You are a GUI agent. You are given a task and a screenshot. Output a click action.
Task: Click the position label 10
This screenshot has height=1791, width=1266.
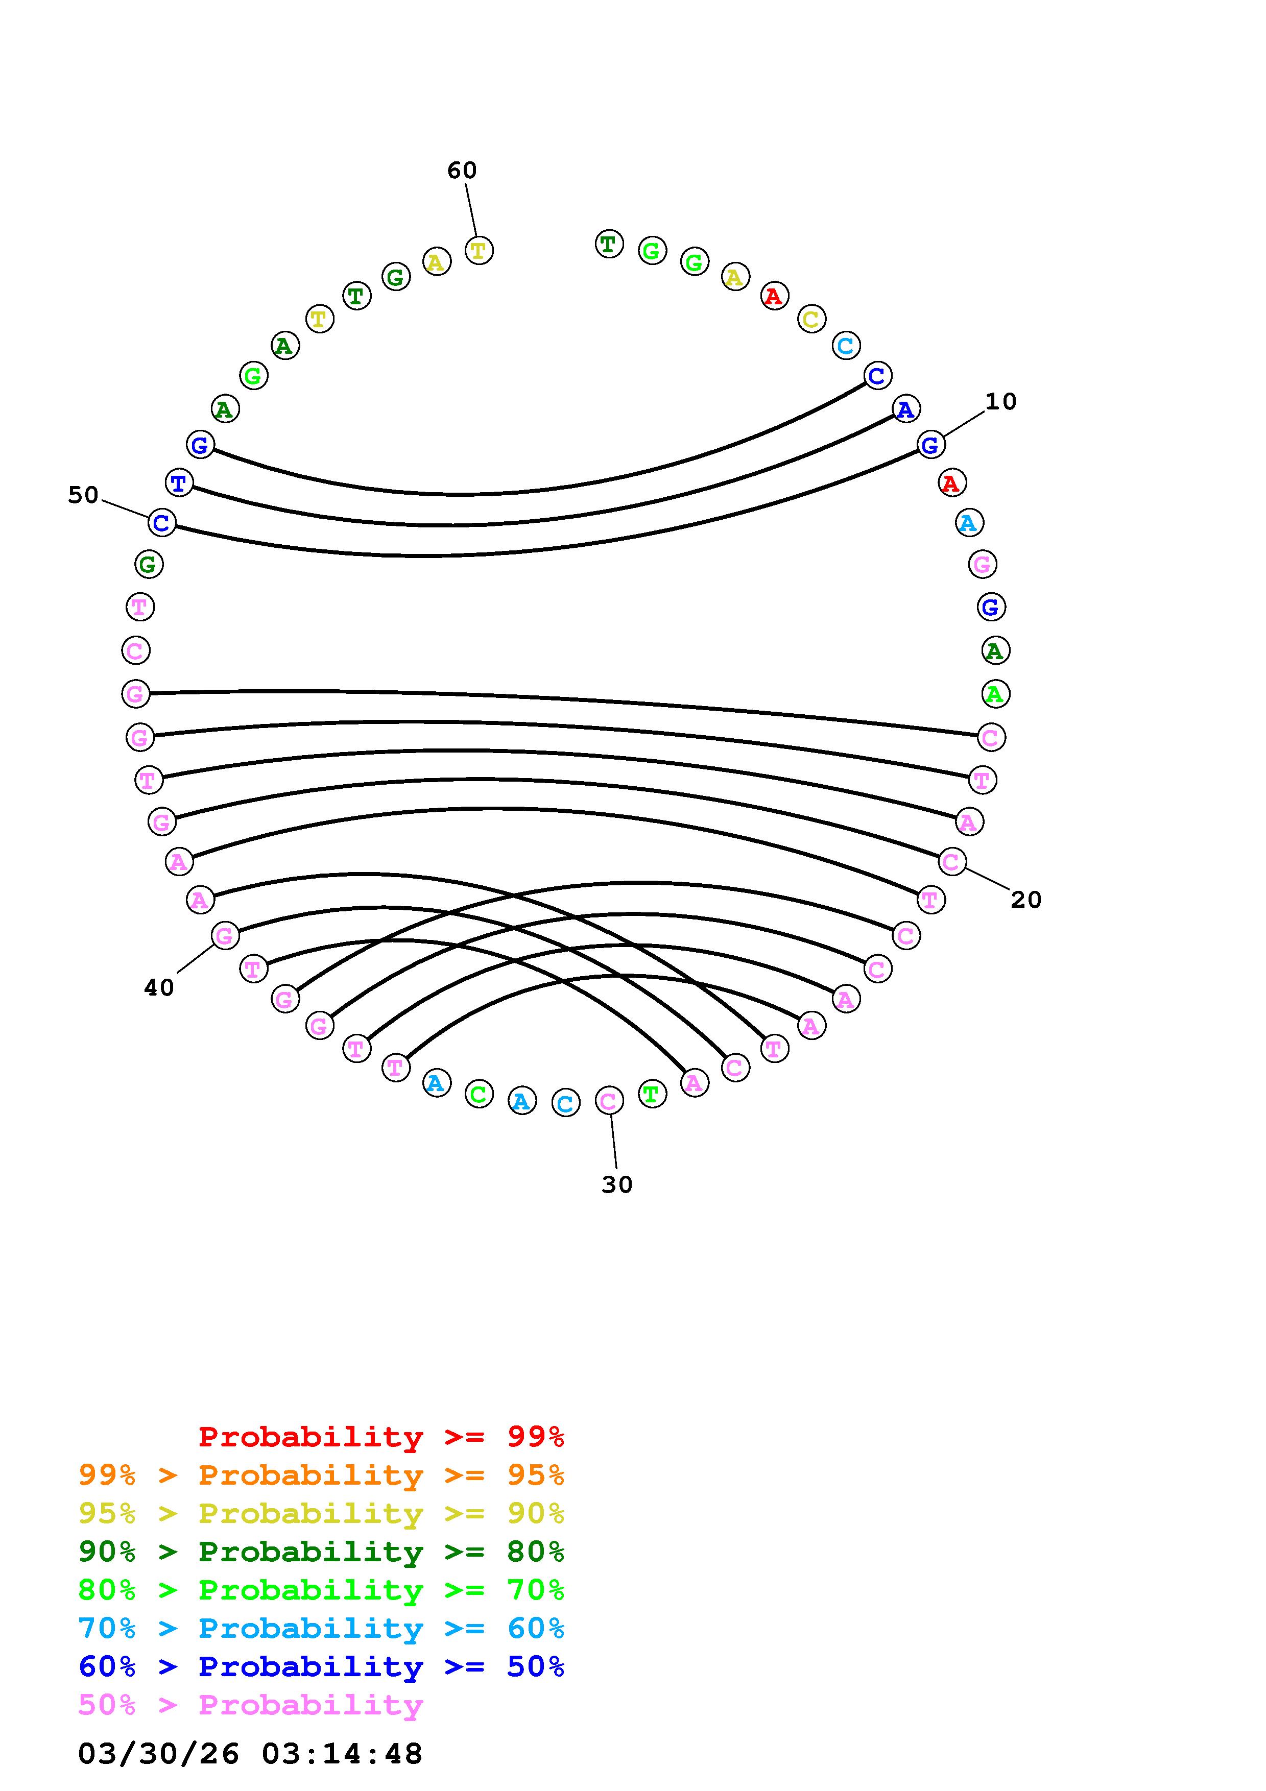[1001, 402]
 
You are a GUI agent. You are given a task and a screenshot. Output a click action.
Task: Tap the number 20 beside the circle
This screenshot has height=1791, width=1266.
[1026, 900]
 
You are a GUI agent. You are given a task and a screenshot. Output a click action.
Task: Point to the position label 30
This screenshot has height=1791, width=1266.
[617, 1185]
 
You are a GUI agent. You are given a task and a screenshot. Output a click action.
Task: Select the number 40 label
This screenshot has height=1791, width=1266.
[159, 988]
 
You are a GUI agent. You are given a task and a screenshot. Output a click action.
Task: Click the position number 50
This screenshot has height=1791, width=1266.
[83, 495]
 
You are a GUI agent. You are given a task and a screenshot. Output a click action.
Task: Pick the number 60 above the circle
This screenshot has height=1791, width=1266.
[462, 170]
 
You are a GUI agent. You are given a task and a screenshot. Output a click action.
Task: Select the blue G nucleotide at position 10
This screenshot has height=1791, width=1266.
[930, 445]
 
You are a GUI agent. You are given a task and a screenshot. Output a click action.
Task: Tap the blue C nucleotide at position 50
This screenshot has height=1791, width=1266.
[161, 523]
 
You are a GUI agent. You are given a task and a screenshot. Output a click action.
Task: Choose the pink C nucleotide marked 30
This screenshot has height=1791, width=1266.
[608, 1101]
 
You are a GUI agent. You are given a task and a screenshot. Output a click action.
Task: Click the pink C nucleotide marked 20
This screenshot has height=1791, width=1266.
[951, 861]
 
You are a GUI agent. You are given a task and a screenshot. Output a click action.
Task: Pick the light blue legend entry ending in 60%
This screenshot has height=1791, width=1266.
[321, 1628]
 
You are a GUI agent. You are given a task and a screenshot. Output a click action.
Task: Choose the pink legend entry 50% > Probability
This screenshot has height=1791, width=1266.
[250, 1704]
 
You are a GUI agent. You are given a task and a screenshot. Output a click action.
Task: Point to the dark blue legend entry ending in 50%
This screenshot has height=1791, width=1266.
[321, 1666]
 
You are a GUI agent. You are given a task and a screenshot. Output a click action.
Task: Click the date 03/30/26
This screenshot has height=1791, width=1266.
[158, 1754]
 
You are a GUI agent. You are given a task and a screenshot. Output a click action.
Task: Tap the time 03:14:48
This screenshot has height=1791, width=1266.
[342, 1754]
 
